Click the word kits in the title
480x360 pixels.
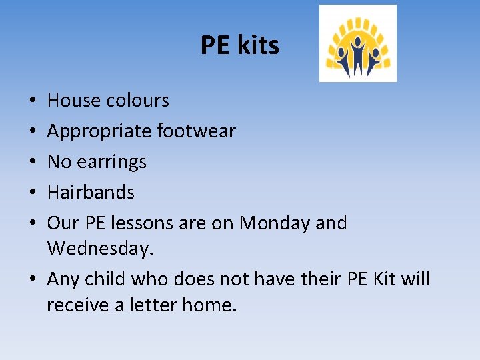click(257, 45)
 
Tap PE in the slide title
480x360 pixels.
click(215, 45)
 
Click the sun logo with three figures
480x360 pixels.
click(357, 43)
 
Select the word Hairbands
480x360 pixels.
click(91, 193)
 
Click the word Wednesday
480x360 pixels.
click(100, 249)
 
